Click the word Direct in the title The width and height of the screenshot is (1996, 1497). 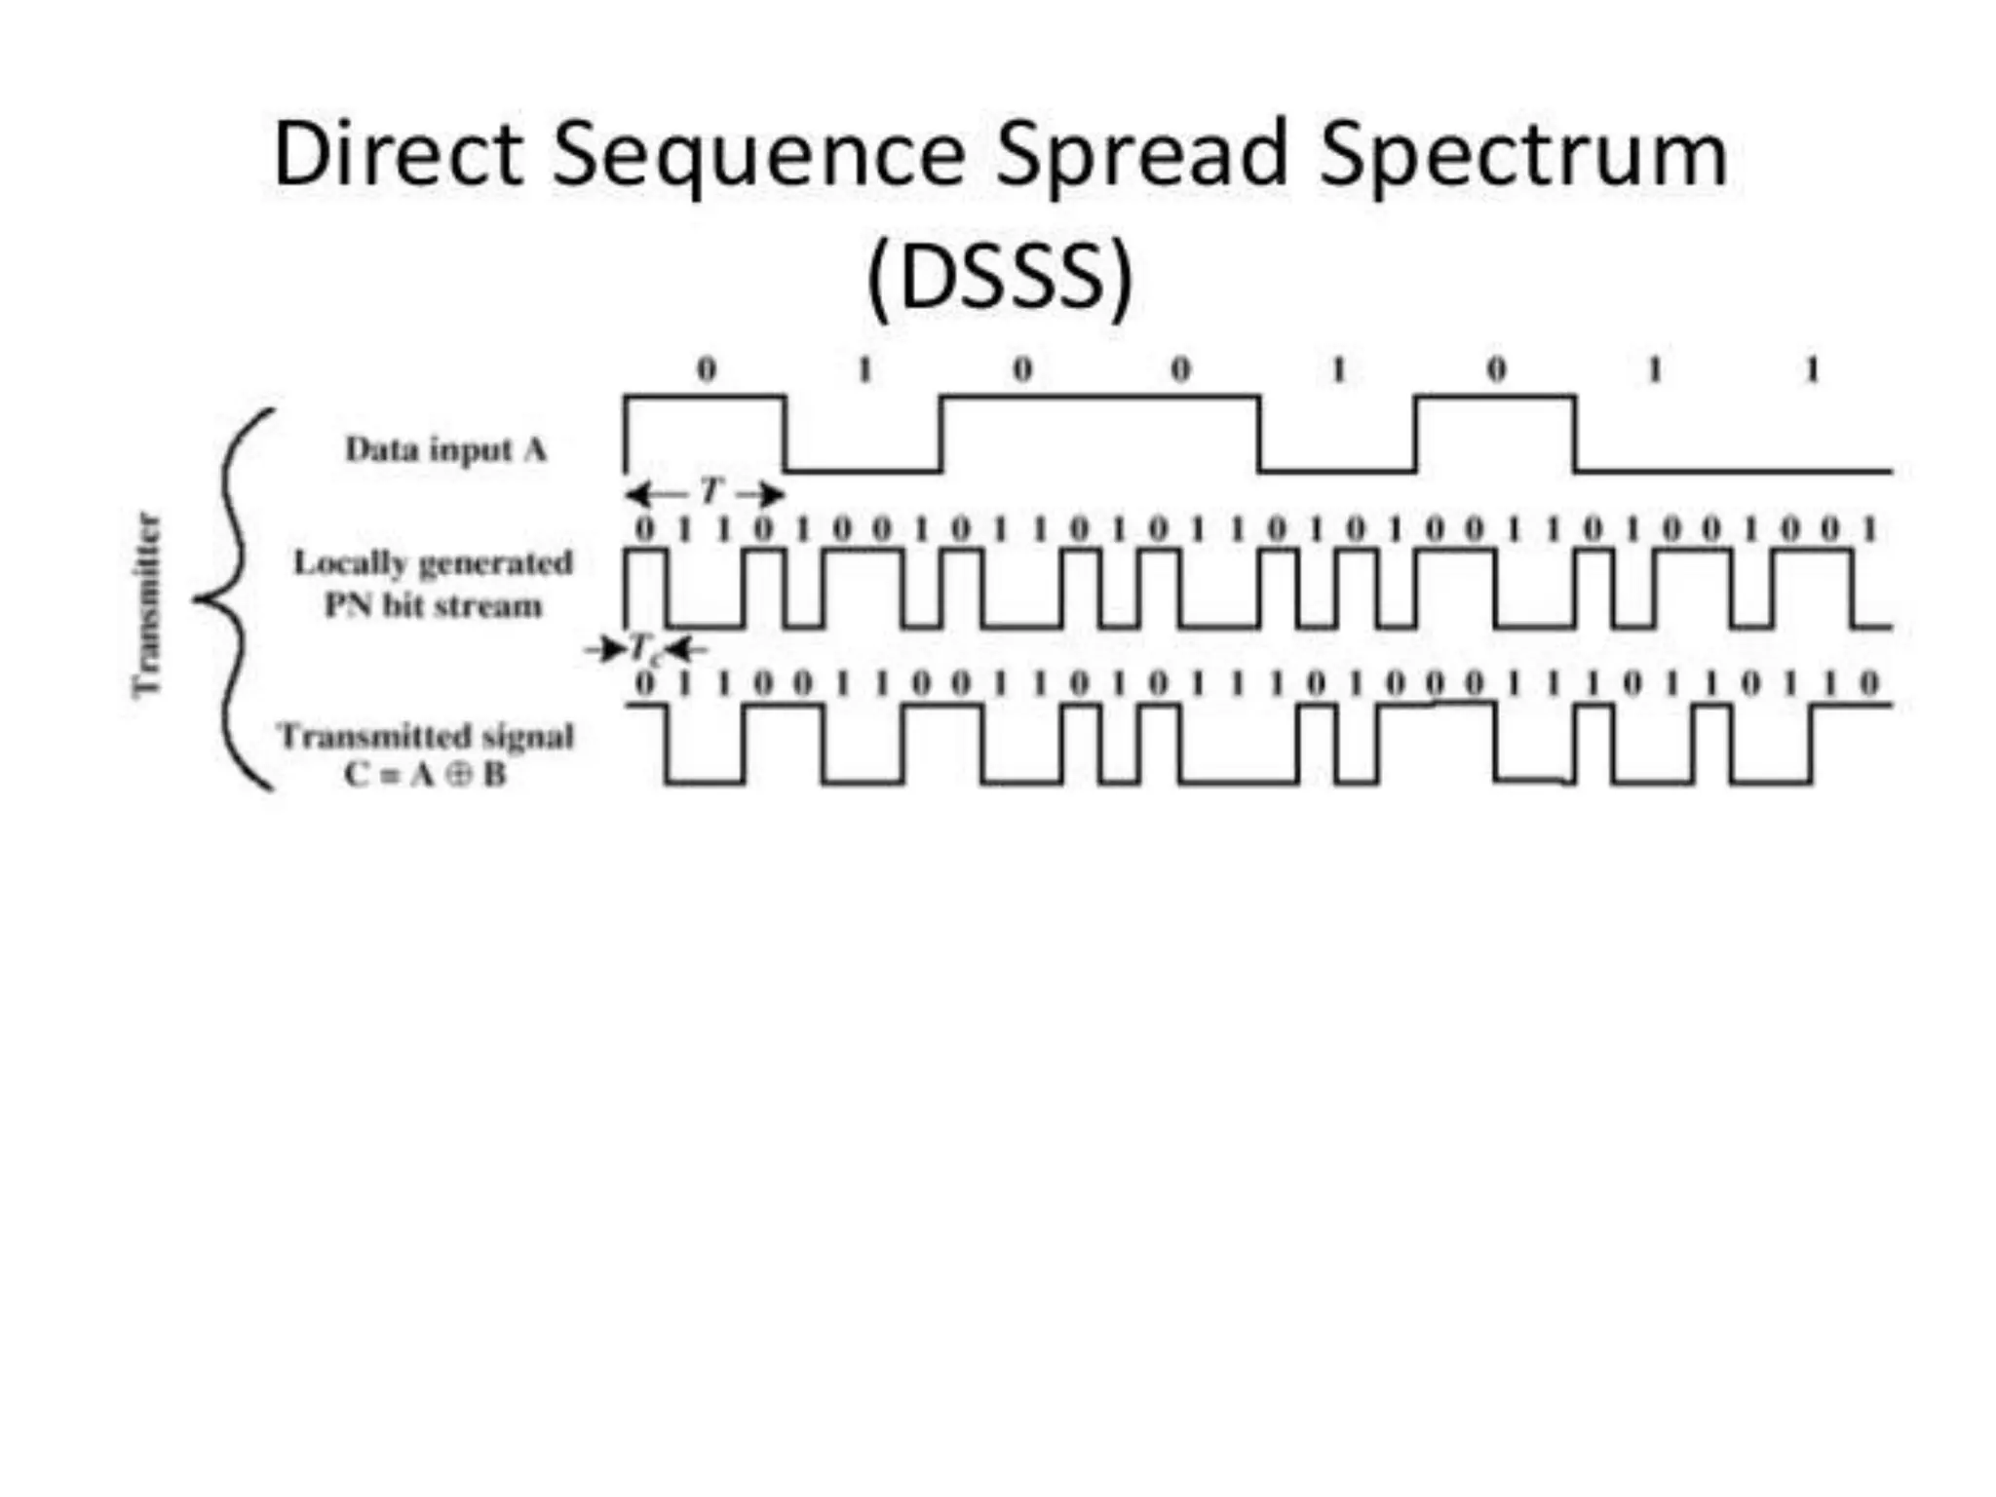point(399,154)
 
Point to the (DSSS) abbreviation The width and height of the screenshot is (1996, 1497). point(1000,276)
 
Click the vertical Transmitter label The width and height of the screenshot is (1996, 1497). point(146,604)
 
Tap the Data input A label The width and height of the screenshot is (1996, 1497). point(445,449)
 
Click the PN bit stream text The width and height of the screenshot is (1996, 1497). point(433,605)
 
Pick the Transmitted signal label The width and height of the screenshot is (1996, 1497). point(426,735)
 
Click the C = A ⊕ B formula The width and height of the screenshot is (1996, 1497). point(426,775)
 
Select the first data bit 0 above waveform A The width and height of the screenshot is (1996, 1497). point(706,369)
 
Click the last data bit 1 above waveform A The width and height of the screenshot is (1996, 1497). point(1812,369)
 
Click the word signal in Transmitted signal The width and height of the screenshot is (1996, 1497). point(527,736)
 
